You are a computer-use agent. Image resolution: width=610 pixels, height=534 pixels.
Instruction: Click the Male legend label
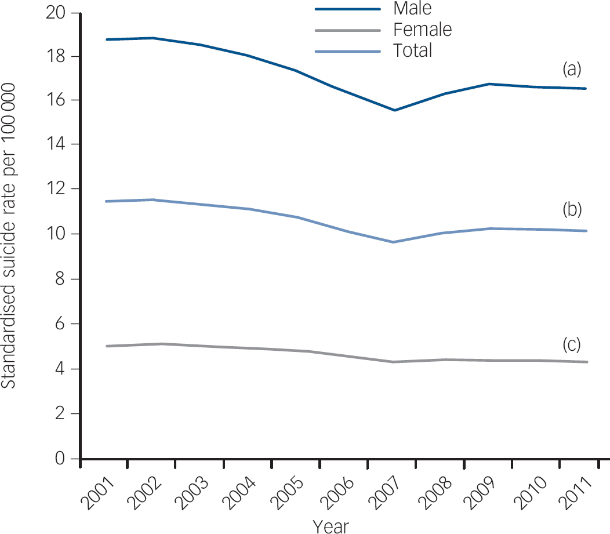coord(412,9)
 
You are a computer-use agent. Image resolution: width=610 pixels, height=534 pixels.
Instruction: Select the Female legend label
coord(422,30)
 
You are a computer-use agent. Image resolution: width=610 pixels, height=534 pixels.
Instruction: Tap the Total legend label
coord(412,51)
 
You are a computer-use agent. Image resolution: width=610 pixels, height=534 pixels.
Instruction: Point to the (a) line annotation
coord(572,70)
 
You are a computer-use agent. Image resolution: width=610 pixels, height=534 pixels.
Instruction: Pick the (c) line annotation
coord(572,344)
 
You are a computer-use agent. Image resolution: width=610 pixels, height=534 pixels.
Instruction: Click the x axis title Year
coord(331,526)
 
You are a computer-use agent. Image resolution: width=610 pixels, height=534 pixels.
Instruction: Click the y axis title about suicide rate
coord(9,235)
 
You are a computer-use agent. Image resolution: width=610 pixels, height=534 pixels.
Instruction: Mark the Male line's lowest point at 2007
coord(395,110)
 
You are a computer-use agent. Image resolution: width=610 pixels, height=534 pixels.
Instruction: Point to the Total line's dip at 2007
coord(395,242)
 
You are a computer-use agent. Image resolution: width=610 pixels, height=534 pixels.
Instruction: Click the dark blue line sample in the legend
coord(348,9)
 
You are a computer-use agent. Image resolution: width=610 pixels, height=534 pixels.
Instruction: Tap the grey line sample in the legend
coord(348,30)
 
